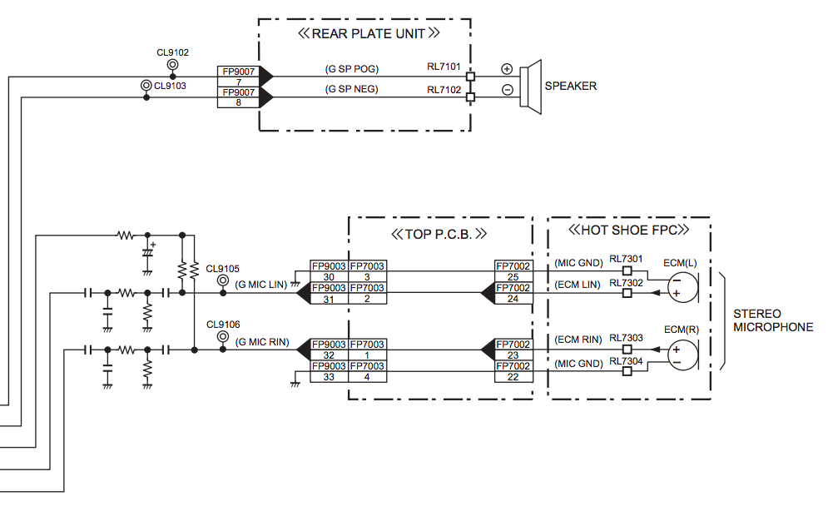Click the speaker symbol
coord(531,87)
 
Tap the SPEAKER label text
coord(571,86)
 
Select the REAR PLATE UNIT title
coord(368,34)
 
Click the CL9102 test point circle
coord(173,64)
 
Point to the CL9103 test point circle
coord(146,86)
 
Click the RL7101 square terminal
coord(470,77)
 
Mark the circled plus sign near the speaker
coord(507,69)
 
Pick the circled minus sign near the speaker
coord(507,90)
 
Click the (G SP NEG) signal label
coord(352,89)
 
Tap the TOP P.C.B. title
coord(439,235)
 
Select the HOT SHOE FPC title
coord(629,231)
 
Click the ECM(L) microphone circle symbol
coord(682,288)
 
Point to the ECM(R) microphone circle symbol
coord(682,355)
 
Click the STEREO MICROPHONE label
coord(773,320)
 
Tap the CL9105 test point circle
coord(223,280)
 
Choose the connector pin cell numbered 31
coord(329,300)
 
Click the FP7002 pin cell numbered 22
coord(513,377)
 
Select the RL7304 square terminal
coord(627,372)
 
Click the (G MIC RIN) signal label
coord(262,342)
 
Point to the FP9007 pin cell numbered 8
coord(239,102)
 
